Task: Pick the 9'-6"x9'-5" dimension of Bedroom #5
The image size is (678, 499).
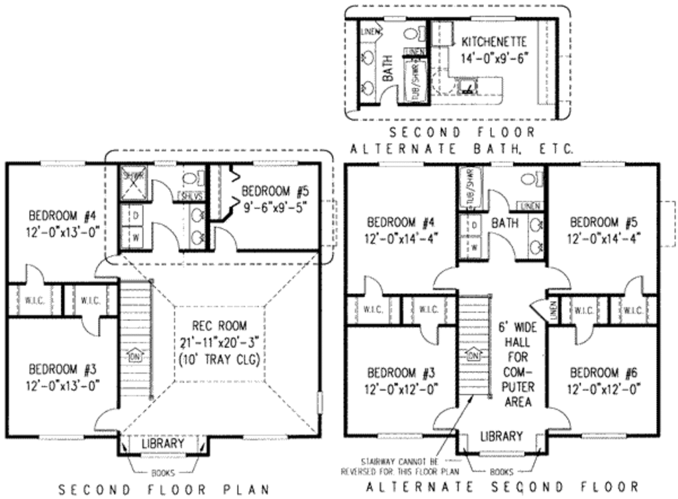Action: tap(275, 206)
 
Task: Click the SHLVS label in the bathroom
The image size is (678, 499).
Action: tap(192, 196)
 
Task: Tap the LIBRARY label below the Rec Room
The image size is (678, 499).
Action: tap(162, 443)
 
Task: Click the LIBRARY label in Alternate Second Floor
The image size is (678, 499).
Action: tap(501, 437)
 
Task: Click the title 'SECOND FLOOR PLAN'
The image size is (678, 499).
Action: tap(163, 490)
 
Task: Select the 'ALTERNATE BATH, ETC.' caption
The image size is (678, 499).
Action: tap(461, 150)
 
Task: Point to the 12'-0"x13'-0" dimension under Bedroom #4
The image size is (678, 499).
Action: tap(64, 232)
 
